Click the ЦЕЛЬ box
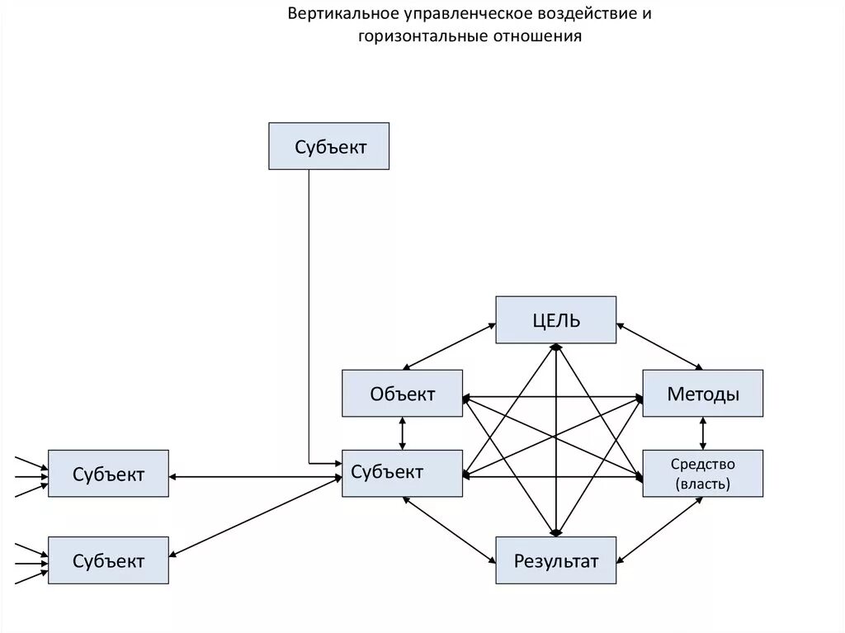[x=555, y=319]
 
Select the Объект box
[x=402, y=393]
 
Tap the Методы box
[x=702, y=394]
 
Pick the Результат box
[x=555, y=561]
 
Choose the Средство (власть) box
[x=702, y=474]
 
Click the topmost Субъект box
[x=329, y=146]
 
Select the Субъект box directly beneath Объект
[x=402, y=473]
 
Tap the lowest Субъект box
[x=108, y=561]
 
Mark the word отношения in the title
[x=538, y=37]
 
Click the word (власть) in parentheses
[x=702, y=484]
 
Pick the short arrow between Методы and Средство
[x=702, y=433]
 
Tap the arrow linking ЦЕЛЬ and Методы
[x=659, y=346]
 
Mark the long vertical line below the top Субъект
[x=309, y=314]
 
